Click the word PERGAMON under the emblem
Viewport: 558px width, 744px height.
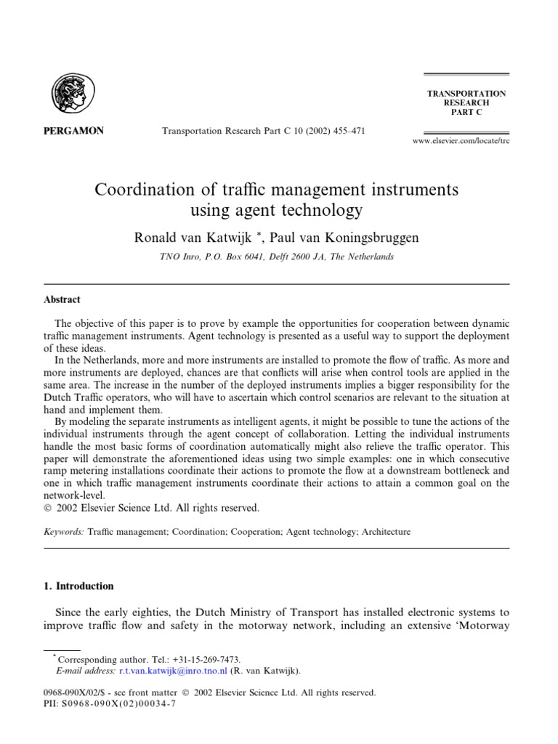tap(76, 132)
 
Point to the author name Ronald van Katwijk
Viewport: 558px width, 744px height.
tap(193, 238)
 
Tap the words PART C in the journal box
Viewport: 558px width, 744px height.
tap(466, 113)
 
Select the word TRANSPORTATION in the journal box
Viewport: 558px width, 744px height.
tap(466, 94)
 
